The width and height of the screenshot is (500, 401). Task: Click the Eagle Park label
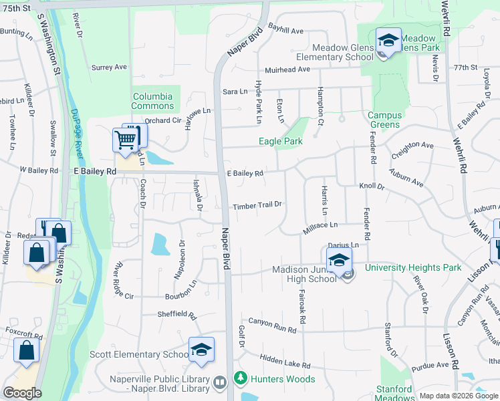(281, 141)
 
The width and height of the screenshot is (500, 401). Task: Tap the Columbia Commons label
(152, 101)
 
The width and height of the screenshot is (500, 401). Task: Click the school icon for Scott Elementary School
(201, 350)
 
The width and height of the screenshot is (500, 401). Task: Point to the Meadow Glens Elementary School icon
(388, 40)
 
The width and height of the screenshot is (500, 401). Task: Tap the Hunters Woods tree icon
(240, 379)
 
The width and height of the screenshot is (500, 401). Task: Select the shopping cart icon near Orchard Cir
(125, 140)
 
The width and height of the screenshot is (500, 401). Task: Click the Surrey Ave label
(109, 68)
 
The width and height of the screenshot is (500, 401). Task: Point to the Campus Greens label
(384, 120)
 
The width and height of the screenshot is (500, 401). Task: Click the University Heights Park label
(413, 268)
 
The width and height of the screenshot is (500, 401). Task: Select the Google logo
(22, 393)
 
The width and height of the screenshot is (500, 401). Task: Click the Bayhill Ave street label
(286, 31)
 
